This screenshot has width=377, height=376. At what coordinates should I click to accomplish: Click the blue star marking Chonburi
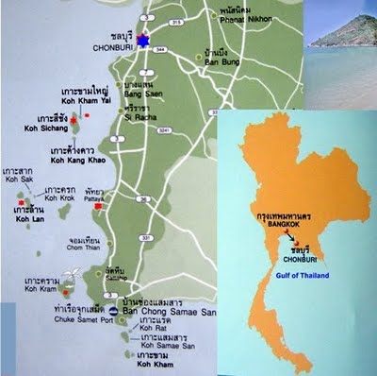coord(143,41)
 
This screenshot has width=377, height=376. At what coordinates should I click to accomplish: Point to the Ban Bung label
coord(213,67)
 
